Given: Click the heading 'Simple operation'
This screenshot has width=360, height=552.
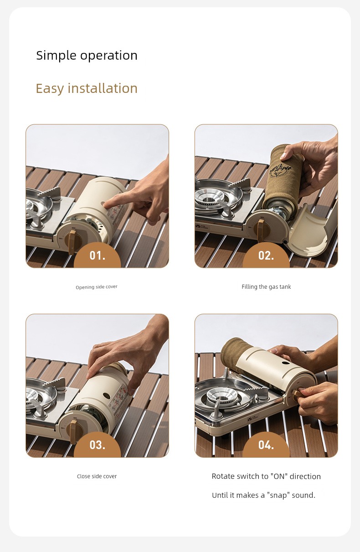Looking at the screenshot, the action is [x=87, y=56].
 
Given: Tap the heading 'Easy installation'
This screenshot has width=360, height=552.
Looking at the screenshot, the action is [x=87, y=88].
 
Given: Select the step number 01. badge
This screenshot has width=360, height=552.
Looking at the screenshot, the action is [x=98, y=255].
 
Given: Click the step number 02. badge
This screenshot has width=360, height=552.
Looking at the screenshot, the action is [x=266, y=255].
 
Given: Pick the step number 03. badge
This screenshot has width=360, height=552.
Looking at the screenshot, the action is [x=98, y=445].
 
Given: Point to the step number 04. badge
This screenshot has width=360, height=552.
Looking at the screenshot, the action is [x=266, y=445].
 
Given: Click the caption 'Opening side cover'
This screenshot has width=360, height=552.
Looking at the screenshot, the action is [x=97, y=287].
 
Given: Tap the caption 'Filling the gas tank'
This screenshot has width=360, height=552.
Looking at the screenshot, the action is [x=266, y=287].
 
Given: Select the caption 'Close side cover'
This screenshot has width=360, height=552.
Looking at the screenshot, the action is [x=97, y=476].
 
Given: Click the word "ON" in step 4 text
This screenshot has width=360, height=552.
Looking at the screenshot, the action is [x=279, y=476].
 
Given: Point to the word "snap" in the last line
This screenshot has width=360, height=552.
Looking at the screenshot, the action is [x=278, y=496].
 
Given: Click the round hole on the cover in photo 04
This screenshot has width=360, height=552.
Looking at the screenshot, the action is [x=286, y=363].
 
